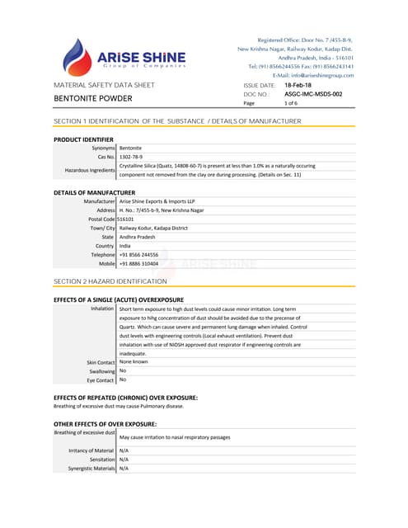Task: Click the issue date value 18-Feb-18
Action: click(x=298, y=85)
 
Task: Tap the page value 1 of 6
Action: click(x=291, y=104)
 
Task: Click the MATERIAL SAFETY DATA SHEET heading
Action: click(x=104, y=85)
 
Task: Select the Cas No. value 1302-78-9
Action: click(x=131, y=157)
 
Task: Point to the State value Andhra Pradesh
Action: click(x=140, y=237)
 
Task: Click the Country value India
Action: click(x=125, y=246)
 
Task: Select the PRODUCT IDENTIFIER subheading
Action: click(x=83, y=139)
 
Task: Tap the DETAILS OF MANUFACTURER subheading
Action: click(x=93, y=192)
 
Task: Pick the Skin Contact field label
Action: click(x=101, y=362)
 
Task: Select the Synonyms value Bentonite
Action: click(x=132, y=148)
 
